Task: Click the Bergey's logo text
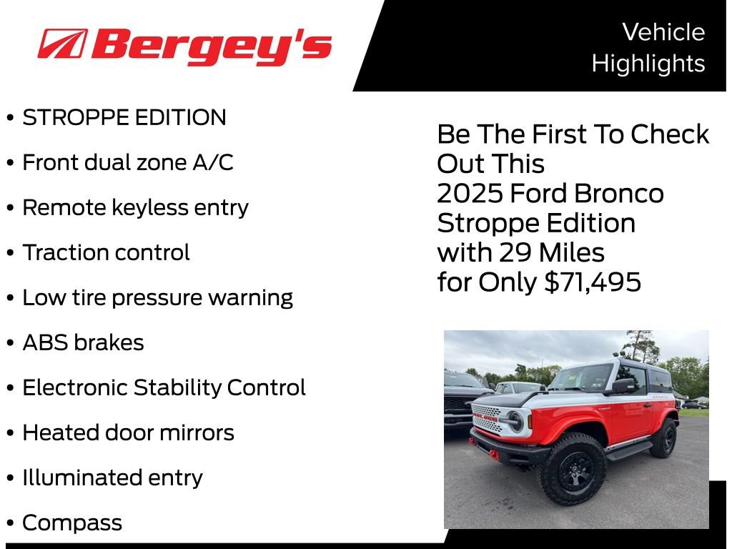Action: [x=212, y=47]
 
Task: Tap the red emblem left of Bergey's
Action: [x=63, y=44]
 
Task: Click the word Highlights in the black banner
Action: [x=648, y=64]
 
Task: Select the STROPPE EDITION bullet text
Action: [x=124, y=118]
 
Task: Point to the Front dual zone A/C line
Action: [x=127, y=163]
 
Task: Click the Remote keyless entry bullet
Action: [x=135, y=208]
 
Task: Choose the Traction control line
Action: [x=106, y=253]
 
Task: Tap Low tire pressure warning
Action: [x=157, y=298]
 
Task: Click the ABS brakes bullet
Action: [x=83, y=343]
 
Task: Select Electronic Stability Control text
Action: [x=164, y=388]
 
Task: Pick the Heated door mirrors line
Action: [x=128, y=433]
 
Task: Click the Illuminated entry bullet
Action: [x=112, y=478]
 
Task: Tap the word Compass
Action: [x=72, y=523]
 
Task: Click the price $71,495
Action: [x=593, y=282]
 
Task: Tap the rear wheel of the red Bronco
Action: [x=664, y=438]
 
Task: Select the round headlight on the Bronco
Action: [x=515, y=421]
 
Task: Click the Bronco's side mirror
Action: [x=623, y=386]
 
